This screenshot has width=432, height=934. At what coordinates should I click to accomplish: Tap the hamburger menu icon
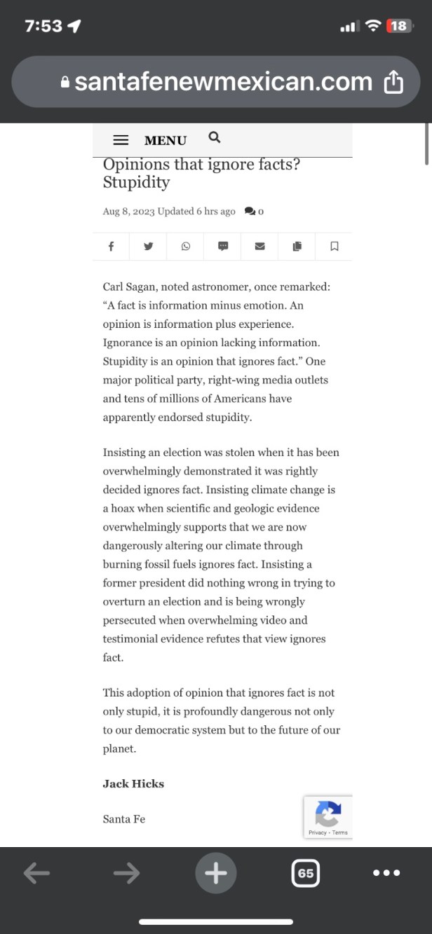tap(121, 140)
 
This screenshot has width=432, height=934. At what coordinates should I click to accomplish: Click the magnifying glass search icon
tap(215, 137)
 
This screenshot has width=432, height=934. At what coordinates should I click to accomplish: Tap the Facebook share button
tap(112, 246)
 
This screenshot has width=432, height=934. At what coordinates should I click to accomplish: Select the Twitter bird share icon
tap(149, 246)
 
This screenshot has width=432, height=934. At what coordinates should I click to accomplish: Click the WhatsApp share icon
tap(186, 246)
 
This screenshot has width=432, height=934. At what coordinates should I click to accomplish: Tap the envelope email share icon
tap(259, 246)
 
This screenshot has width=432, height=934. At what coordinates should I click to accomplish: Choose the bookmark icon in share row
tap(335, 246)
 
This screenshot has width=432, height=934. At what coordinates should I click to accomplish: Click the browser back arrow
tap(36, 873)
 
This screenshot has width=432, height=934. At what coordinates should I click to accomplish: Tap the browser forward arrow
tap(126, 873)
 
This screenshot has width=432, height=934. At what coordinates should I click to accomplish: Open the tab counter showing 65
tap(306, 873)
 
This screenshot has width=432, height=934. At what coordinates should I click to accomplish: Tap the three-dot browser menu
tap(386, 873)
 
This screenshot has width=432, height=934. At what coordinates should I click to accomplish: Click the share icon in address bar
tap(394, 83)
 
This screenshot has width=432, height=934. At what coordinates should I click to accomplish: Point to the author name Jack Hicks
tap(133, 783)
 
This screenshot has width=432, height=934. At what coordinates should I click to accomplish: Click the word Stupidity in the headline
tap(136, 183)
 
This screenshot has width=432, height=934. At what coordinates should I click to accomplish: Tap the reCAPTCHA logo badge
tap(328, 813)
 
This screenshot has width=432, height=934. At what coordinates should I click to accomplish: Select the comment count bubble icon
tap(250, 211)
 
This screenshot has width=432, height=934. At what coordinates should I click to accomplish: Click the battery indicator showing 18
tap(398, 26)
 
